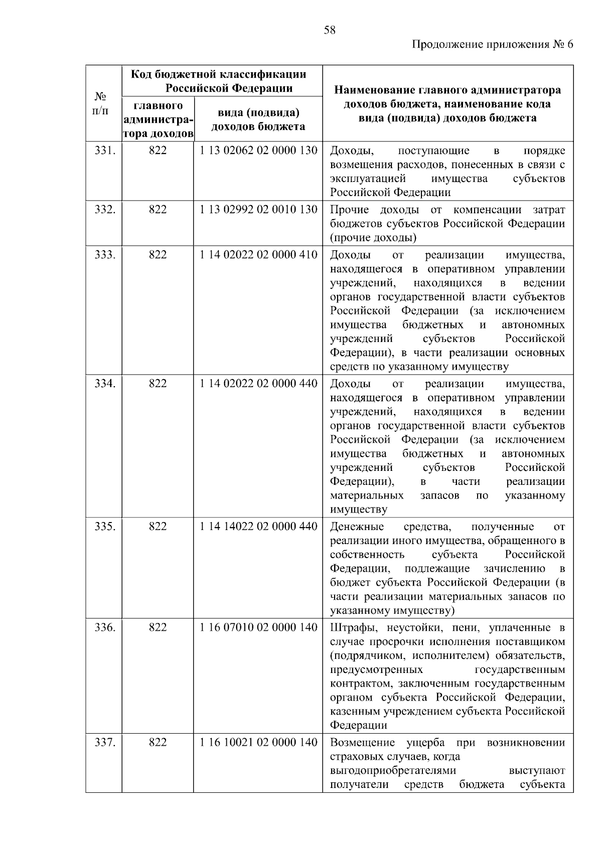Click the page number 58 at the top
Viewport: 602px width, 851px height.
330,30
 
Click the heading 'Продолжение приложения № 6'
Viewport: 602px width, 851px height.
492,44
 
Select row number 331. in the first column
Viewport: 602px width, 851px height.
105,150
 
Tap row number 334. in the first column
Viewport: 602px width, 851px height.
105,384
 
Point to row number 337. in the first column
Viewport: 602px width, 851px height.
105,742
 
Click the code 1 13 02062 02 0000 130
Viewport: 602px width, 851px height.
258,150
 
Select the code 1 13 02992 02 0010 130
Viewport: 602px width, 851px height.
258,210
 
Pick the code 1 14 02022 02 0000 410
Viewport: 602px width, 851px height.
258,255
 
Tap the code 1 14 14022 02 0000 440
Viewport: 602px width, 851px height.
258,527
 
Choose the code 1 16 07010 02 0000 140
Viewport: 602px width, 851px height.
258,627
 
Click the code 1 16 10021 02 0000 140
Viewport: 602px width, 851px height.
258,742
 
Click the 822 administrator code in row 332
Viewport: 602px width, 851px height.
158,210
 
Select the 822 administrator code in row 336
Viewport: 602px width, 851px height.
158,627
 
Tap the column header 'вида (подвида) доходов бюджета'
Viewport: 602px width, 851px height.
258,119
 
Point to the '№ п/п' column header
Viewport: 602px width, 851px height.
101,103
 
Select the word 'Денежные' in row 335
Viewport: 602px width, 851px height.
357,527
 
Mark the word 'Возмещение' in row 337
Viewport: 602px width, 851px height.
362,742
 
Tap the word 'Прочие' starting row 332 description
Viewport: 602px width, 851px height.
349,210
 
